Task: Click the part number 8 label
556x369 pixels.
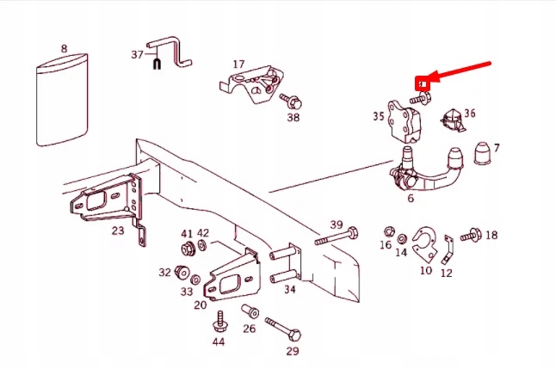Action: pyautogui.click(x=64, y=49)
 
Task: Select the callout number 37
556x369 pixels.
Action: pyautogui.click(x=136, y=54)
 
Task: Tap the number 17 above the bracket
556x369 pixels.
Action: pyautogui.click(x=238, y=64)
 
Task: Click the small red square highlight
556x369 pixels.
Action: pyautogui.click(x=422, y=84)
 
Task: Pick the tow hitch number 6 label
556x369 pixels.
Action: pyautogui.click(x=411, y=199)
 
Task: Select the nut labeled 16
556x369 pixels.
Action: pyautogui.click(x=388, y=232)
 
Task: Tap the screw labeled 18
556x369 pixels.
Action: pyautogui.click(x=471, y=235)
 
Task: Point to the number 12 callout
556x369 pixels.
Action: pyautogui.click(x=447, y=273)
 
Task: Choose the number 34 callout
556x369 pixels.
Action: pyautogui.click(x=290, y=289)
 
